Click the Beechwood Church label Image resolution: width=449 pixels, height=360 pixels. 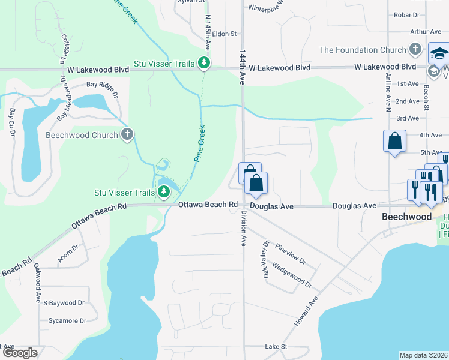(x=82, y=135)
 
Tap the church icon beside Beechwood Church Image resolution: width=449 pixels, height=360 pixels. (x=127, y=134)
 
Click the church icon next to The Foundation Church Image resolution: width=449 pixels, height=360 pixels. (x=414, y=49)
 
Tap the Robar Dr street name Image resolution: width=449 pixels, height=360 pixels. (x=407, y=14)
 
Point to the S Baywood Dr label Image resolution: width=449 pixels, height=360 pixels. (x=64, y=304)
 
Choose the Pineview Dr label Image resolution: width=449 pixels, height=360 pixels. (x=291, y=253)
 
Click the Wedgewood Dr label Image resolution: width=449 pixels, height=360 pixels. (x=292, y=274)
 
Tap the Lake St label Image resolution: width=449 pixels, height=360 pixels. (x=277, y=347)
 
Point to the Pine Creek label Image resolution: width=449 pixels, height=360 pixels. (x=200, y=143)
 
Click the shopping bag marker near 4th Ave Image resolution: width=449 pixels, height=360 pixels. (x=395, y=142)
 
